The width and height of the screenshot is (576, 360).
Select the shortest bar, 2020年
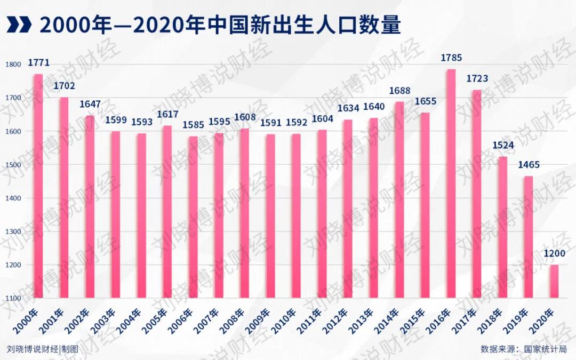point(555,281)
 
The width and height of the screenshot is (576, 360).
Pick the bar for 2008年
point(245,213)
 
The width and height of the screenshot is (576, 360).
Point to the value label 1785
point(451,58)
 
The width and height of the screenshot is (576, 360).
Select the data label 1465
point(529,165)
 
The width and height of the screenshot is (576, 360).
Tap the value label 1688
point(399,91)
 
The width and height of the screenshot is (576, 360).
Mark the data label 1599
point(116,120)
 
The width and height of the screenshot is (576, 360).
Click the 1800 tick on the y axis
point(14,65)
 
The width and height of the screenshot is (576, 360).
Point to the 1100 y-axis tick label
point(14,298)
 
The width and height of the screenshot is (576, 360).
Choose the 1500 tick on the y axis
point(14,165)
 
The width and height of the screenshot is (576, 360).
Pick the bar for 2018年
point(503,227)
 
